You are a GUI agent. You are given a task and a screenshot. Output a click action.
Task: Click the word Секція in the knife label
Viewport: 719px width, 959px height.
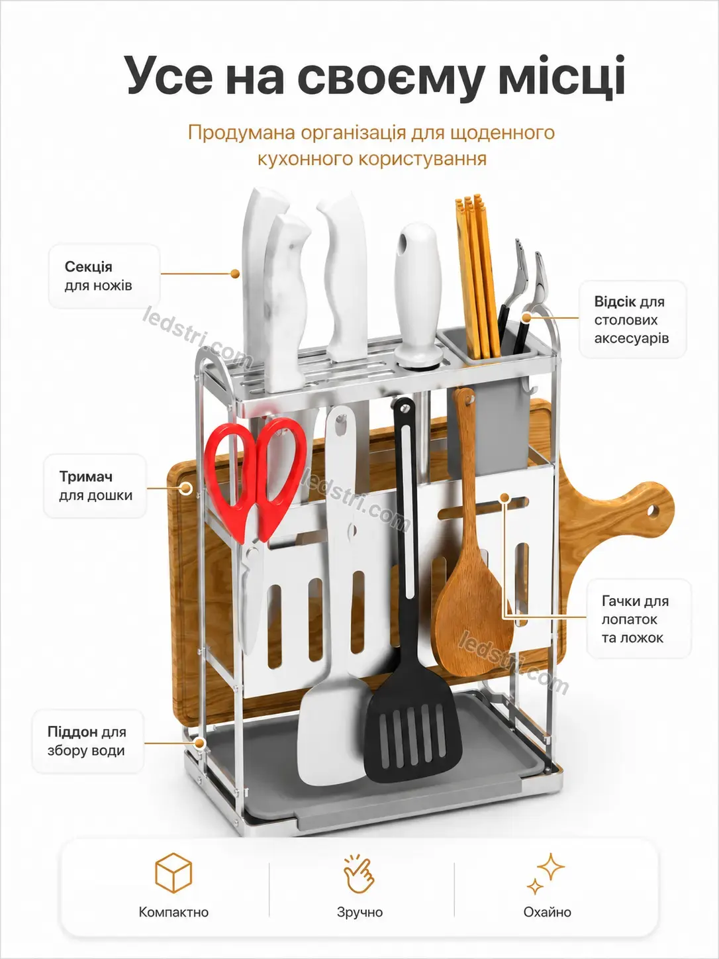click(89, 267)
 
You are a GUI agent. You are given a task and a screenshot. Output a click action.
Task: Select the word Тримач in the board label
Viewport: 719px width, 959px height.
click(86, 477)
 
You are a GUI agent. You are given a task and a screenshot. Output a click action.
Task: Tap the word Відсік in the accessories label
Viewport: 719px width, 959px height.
click(614, 301)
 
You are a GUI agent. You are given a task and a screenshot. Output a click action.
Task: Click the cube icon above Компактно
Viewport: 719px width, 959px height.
click(173, 873)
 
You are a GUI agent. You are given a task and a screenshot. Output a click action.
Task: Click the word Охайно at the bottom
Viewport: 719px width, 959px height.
click(548, 912)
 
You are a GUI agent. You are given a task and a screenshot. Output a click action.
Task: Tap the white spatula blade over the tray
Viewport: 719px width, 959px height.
click(332, 730)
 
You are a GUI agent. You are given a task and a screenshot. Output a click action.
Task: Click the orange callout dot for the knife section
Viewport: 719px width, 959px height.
click(235, 274)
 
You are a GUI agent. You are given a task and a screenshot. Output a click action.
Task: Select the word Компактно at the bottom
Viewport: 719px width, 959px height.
click(173, 912)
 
